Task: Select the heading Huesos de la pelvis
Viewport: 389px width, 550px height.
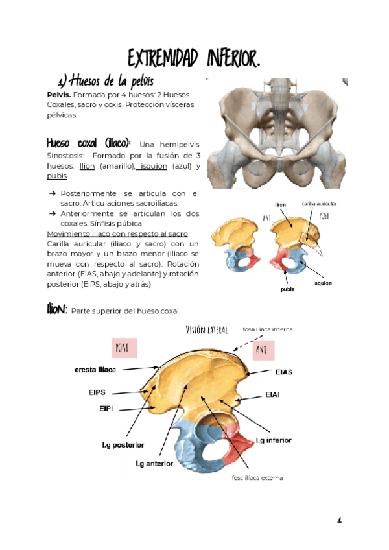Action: pos(106,82)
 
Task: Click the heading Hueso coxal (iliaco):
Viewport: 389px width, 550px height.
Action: pos(89,142)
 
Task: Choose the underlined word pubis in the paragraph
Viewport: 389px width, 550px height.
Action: pos(57,176)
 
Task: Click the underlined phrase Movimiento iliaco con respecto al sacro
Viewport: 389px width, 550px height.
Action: pos(117,233)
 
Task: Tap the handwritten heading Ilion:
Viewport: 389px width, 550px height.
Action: pos(56,309)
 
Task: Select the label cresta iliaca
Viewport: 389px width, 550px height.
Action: pos(95,370)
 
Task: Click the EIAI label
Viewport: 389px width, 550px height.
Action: pos(273,395)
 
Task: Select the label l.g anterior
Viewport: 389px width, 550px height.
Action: pos(154,464)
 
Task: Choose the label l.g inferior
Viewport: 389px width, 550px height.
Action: pos(274,440)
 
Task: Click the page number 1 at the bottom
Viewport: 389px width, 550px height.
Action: pos(339,520)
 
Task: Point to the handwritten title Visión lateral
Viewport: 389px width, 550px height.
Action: pos(206,330)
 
